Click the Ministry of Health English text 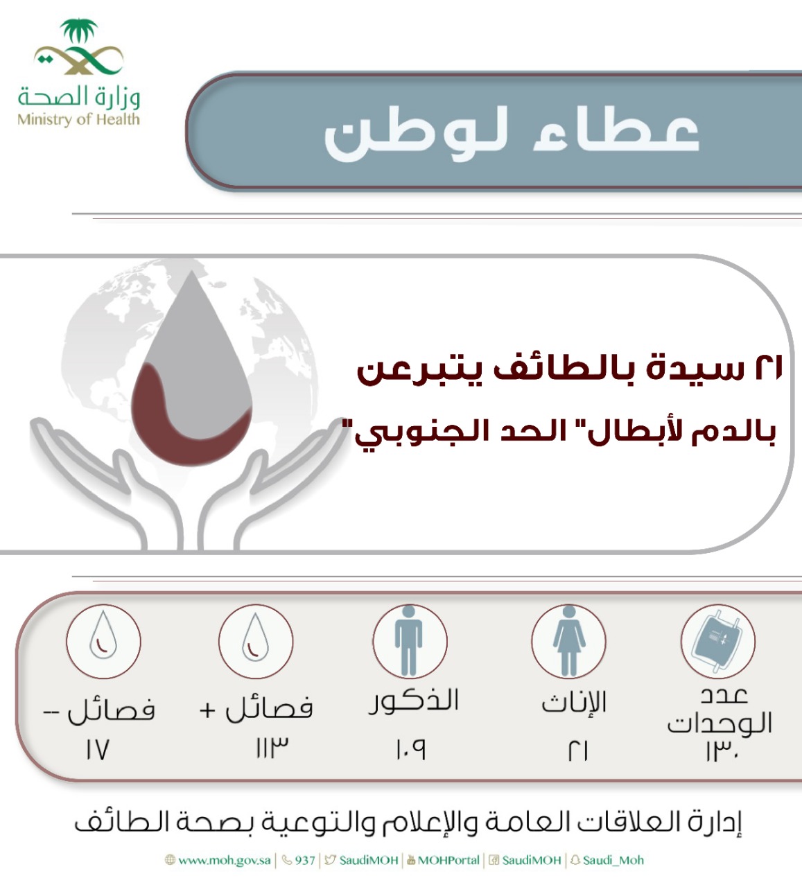pos(78,119)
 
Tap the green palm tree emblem pos(79,30)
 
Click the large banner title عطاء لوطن pos(512,135)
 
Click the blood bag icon pos(717,641)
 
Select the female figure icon pos(569,641)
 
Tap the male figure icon pos(409,641)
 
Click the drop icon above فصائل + pos(255,637)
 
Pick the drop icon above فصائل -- pos(103,635)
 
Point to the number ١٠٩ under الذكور pos(411,749)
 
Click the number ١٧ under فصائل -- pos(97,749)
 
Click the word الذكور pos(414,701)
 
